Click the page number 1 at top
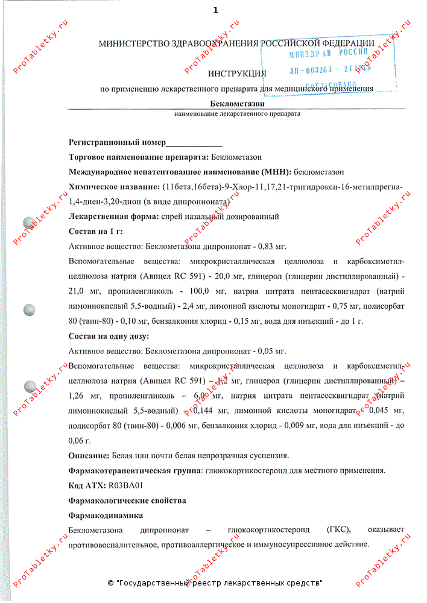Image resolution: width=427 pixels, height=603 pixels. [x=215, y=10]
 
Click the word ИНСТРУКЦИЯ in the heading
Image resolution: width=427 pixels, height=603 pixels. [x=236, y=74]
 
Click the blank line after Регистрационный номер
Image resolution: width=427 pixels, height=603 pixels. [x=194, y=143]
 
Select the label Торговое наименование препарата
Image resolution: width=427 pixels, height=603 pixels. [x=138, y=157]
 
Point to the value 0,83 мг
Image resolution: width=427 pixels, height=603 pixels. [x=271, y=246]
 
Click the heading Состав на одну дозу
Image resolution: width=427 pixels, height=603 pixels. [x=109, y=336]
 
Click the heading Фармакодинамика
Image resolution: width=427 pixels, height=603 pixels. [x=106, y=516]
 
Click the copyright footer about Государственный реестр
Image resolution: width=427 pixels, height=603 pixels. [x=215, y=584]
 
